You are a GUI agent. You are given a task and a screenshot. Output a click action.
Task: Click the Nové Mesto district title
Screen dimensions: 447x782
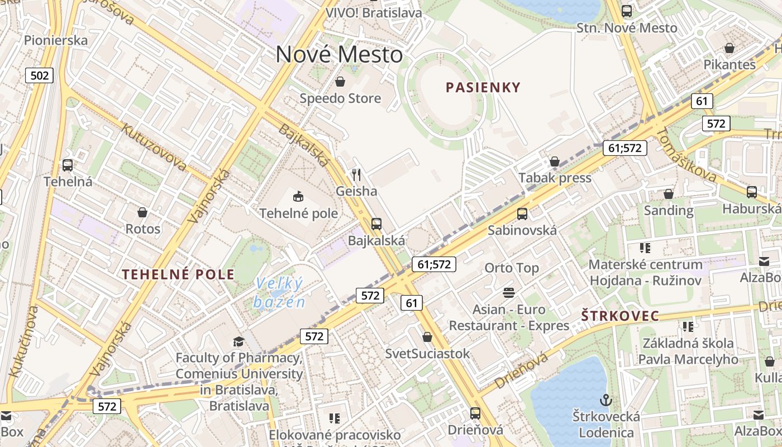339,55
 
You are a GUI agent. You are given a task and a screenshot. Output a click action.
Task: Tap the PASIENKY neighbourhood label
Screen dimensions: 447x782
483,87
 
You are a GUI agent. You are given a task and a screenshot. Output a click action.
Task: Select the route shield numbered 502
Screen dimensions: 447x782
39,75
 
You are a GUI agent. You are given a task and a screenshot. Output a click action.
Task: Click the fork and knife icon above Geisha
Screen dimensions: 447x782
356,175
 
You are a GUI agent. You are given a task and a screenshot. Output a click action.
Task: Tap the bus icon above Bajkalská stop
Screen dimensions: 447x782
376,224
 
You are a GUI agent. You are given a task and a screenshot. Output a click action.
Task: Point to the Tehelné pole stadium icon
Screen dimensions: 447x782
298,196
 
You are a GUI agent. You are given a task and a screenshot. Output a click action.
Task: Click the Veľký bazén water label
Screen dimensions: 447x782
279,293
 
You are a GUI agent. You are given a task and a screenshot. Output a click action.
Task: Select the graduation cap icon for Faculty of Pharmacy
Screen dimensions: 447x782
239,341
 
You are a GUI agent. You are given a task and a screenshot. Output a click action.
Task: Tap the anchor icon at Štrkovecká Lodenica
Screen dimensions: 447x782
605,400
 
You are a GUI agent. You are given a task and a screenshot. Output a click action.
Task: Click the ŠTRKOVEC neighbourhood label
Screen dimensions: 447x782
620,316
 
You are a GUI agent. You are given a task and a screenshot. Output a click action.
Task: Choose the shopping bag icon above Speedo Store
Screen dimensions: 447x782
340,82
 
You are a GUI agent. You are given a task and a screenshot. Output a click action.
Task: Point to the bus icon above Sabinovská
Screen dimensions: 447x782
522,213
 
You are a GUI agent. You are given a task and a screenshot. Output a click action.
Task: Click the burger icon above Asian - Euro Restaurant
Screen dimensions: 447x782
508,292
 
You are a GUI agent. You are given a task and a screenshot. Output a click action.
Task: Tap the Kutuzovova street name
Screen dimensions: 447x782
154,147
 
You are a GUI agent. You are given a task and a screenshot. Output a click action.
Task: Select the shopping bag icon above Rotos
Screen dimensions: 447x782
142,212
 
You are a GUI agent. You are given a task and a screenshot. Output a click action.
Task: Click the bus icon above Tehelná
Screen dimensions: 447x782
68,165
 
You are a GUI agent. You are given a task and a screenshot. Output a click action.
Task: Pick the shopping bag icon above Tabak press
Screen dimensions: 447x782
555,161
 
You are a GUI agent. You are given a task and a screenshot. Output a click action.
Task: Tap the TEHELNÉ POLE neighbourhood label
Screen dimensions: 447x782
178,274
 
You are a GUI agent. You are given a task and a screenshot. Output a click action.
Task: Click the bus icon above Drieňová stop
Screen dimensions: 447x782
475,413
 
